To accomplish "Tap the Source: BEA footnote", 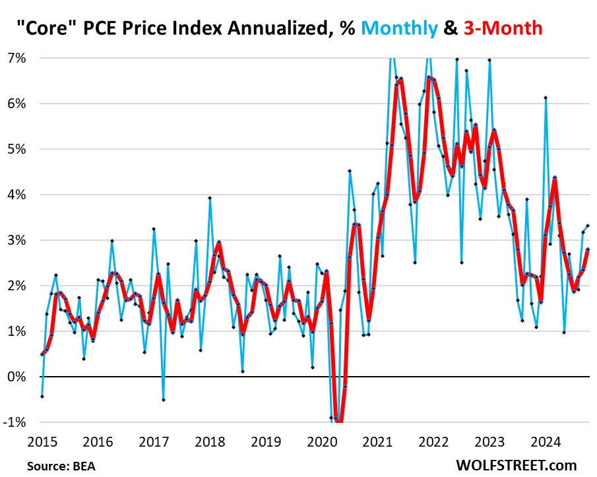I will (61, 466).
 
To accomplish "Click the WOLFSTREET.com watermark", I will (516, 465).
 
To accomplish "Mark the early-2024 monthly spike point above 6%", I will (546, 98).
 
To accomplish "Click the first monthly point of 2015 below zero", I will (42, 397).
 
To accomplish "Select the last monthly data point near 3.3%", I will (588, 226).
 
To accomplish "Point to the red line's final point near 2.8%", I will (588, 249).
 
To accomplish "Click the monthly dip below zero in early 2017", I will (163, 399).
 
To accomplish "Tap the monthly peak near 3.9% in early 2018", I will (210, 198).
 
